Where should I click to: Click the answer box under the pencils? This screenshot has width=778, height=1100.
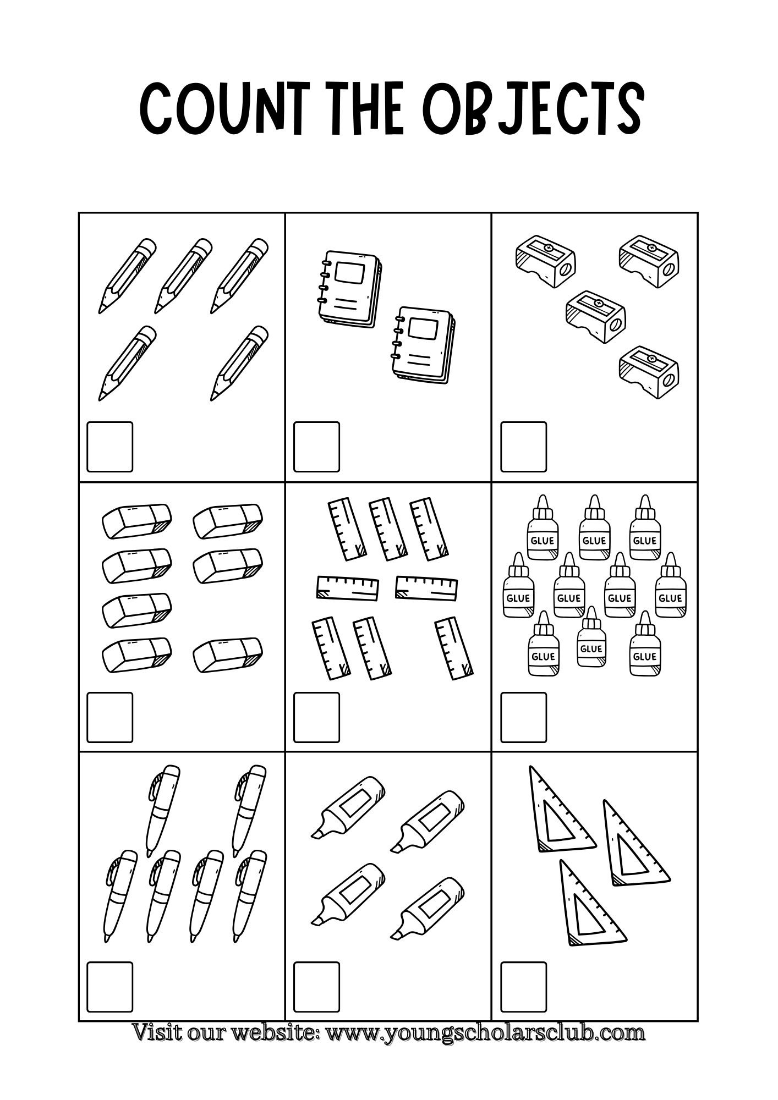(x=110, y=447)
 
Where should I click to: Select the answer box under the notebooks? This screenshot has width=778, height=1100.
(x=316, y=447)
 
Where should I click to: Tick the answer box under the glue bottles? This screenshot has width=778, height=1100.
(x=523, y=717)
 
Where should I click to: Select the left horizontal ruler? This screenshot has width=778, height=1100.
(x=348, y=588)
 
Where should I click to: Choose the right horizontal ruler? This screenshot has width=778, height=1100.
(x=427, y=588)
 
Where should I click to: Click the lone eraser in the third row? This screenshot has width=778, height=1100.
(x=136, y=609)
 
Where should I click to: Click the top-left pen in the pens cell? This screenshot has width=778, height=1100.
(x=163, y=811)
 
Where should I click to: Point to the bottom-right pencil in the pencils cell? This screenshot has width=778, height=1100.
(x=239, y=364)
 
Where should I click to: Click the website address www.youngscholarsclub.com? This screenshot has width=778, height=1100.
(x=486, y=1032)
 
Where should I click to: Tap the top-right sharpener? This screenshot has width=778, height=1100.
(x=649, y=261)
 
